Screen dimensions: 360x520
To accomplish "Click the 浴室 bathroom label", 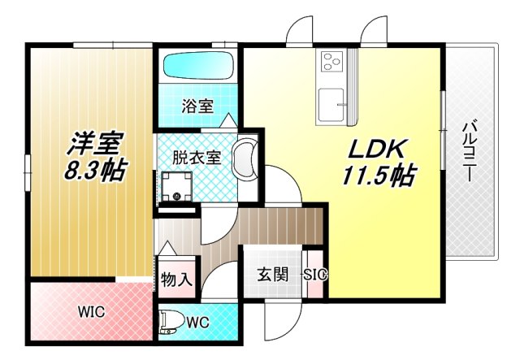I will (197, 106).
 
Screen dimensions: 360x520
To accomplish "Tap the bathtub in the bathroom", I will (197, 65).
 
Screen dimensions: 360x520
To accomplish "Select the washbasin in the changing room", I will (245, 158).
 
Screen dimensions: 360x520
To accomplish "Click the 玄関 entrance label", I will (274, 274).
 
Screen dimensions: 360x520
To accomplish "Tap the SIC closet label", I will (315, 275).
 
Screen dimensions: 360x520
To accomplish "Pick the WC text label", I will (198, 322).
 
